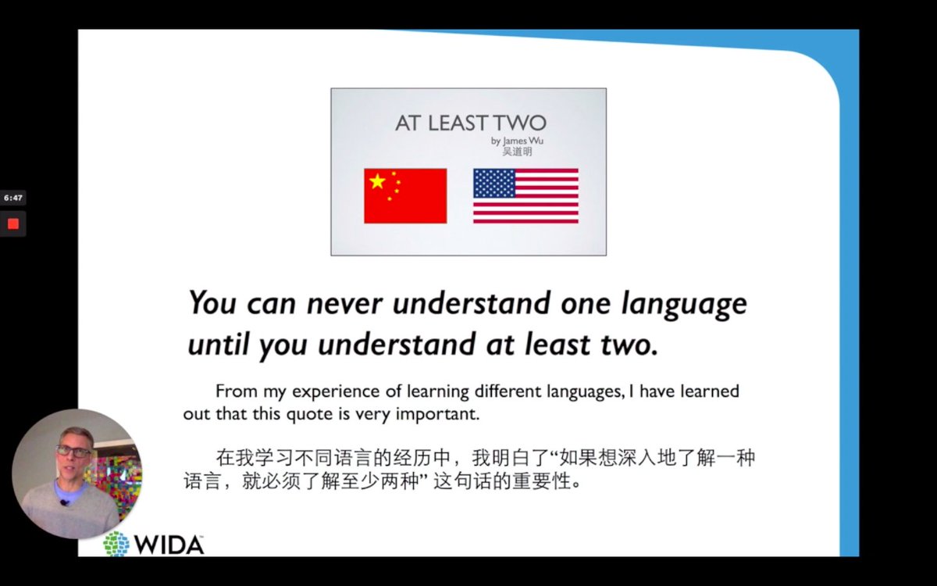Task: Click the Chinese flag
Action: [405, 195]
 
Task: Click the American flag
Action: [526, 195]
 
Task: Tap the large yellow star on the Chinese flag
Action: [378, 182]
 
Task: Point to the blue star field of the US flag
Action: [494, 183]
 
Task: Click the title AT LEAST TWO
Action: [470, 123]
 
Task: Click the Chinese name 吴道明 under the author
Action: [517, 152]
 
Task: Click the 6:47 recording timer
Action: [12, 198]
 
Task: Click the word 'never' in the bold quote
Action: [345, 303]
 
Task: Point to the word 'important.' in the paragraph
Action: [437, 414]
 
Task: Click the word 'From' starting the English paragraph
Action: [235, 391]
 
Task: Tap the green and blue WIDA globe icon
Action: [116, 544]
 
